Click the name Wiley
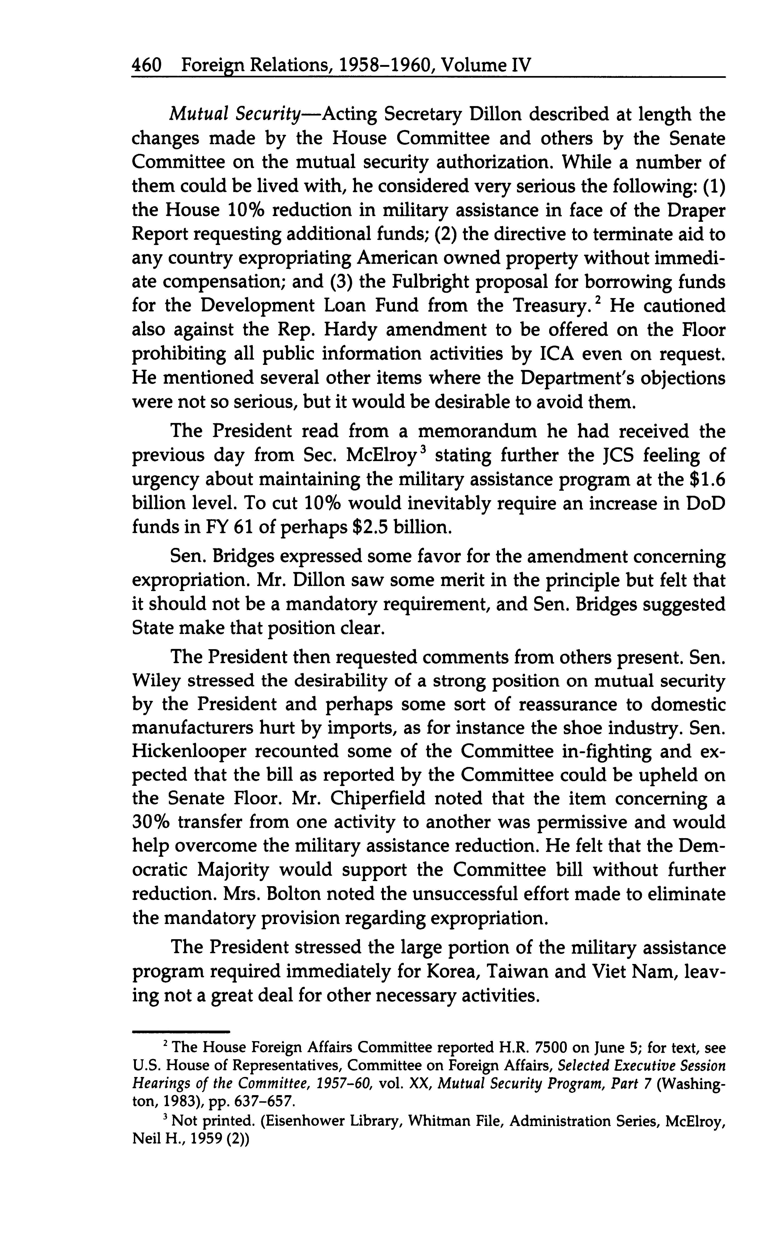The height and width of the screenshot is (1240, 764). point(156,682)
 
